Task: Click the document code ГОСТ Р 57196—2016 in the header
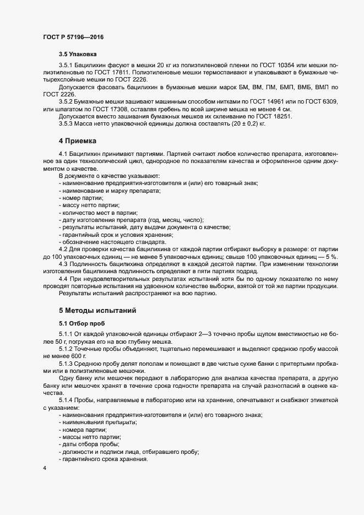[73, 36]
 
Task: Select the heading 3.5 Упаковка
[78, 55]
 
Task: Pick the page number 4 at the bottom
[44, 468]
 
